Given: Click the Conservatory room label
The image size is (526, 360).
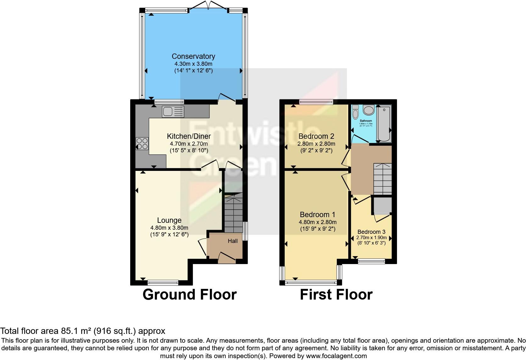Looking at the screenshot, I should (193, 56).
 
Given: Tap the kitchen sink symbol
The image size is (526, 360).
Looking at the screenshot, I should (173, 112).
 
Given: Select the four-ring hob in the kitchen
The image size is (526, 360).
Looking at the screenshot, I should (142, 143).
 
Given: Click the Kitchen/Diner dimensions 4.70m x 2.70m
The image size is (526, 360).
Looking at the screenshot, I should (189, 143).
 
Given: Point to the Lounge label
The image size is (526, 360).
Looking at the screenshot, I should (169, 220).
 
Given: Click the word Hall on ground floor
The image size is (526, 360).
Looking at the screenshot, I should (233, 241).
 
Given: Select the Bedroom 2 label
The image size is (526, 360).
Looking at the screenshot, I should (316, 136).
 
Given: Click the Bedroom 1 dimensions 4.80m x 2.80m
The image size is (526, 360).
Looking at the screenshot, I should (317, 222).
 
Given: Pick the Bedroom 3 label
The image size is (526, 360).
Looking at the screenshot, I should (371, 232).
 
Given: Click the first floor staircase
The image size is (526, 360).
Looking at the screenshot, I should (383, 179).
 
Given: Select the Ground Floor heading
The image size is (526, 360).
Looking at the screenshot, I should (189, 295).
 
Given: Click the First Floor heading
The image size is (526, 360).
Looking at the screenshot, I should (336, 295).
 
